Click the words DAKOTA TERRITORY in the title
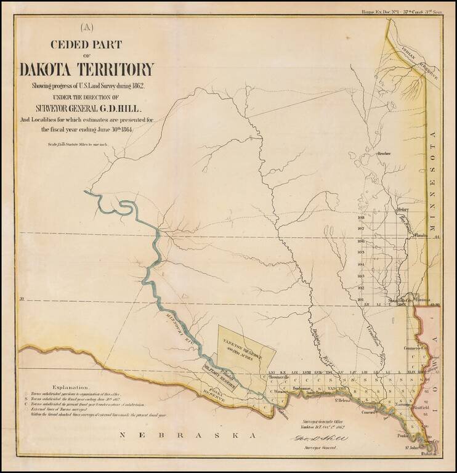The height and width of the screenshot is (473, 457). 86,69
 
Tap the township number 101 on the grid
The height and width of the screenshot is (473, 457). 362,299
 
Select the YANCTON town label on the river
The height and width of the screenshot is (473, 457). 336,390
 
